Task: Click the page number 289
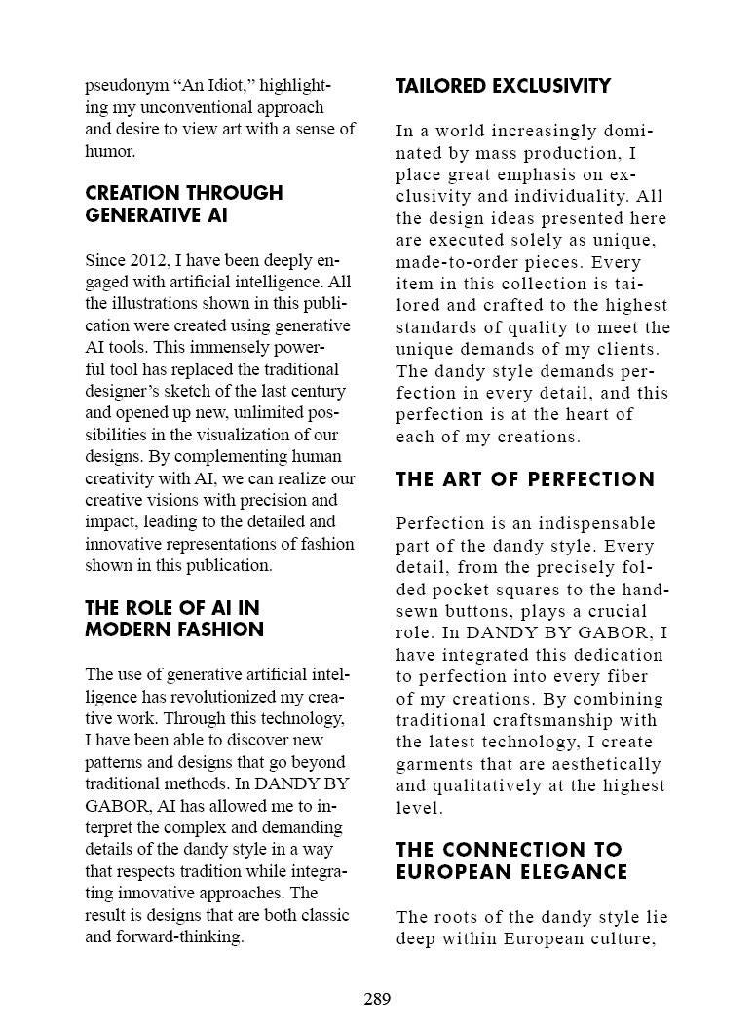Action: [x=377, y=999]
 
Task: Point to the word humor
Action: [x=108, y=151]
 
